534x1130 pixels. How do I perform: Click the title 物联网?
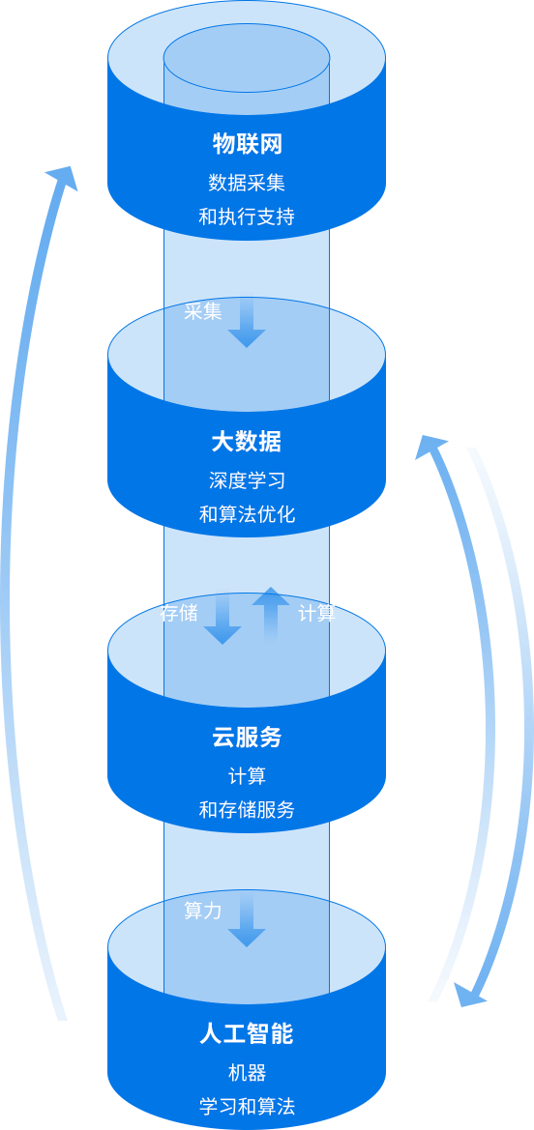pos(247,144)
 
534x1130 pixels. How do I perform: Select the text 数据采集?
pos(247,183)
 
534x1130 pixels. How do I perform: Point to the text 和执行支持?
pos(247,217)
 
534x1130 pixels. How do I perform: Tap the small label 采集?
pos(203,311)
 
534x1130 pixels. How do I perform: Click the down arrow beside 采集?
pos(247,324)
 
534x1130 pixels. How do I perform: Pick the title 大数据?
pos(247,441)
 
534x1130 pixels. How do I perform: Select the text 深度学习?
pos(247,480)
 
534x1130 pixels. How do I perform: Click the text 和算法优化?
pos(247,514)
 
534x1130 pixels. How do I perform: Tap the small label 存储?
pos(179,613)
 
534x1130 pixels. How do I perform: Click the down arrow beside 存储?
pos(222,620)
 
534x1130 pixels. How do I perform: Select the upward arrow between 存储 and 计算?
pos(271,613)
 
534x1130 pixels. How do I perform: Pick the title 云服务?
pos(247,738)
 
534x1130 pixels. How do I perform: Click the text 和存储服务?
pos(247,810)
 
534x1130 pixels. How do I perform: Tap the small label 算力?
pos(203,911)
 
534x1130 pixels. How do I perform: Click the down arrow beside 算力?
pos(247,922)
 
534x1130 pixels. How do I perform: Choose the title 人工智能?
pos(247,1035)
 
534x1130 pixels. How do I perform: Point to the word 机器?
pos(247,1073)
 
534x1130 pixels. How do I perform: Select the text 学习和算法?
pos(247,1107)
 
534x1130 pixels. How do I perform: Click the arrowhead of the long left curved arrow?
pos(63,177)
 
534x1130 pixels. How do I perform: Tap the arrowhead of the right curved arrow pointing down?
pos(470,996)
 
